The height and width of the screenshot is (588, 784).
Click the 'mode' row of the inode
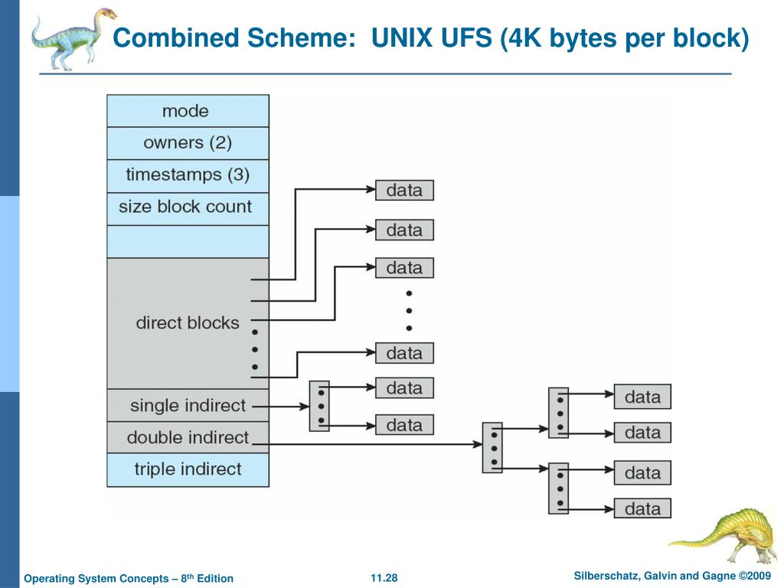(x=188, y=111)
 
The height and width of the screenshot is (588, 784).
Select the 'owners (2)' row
(x=188, y=143)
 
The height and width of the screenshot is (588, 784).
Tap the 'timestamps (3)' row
(x=188, y=175)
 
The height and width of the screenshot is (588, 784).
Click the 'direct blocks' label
(x=188, y=323)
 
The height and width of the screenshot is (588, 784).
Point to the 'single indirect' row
(x=188, y=405)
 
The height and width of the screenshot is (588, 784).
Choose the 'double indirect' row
(x=188, y=438)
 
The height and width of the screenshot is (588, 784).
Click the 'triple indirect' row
(x=188, y=469)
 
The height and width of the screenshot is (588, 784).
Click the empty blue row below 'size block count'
(x=188, y=241)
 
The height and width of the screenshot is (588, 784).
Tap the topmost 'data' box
(x=404, y=191)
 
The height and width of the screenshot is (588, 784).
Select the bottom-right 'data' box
(x=642, y=508)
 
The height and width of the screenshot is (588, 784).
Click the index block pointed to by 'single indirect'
(x=319, y=406)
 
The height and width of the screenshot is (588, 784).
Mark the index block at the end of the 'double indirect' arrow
(x=492, y=447)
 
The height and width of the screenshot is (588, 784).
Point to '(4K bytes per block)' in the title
(x=624, y=38)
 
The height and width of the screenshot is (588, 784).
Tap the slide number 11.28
(x=384, y=577)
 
